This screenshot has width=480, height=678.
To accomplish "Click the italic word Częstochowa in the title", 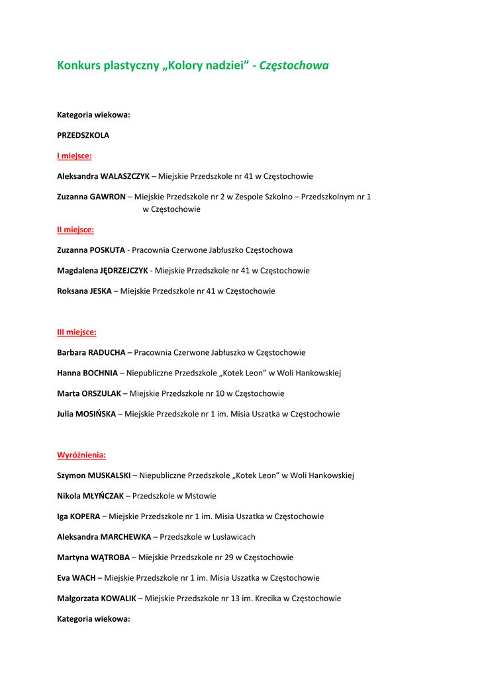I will click(x=293, y=66).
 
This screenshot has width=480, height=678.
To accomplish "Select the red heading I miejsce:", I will click(x=74, y=156).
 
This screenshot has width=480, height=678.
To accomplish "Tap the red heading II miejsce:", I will click(x=75, y=230).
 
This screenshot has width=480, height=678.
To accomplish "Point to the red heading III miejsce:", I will click(x=77, y=332).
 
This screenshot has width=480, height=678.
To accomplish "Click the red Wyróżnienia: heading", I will click(x=81, y=455).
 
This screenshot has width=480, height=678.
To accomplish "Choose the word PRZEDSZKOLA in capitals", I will click(x=83, y=135).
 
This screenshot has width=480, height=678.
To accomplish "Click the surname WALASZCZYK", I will click(x=125, y=177).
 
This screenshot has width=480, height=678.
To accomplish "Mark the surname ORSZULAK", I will click(x=101, y=394).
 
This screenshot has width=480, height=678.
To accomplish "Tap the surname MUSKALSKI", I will click(x=107, y=475).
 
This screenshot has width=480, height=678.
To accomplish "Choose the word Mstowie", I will click(x=202, y=496).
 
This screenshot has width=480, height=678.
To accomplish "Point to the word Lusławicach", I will click(x=233, y=537).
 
